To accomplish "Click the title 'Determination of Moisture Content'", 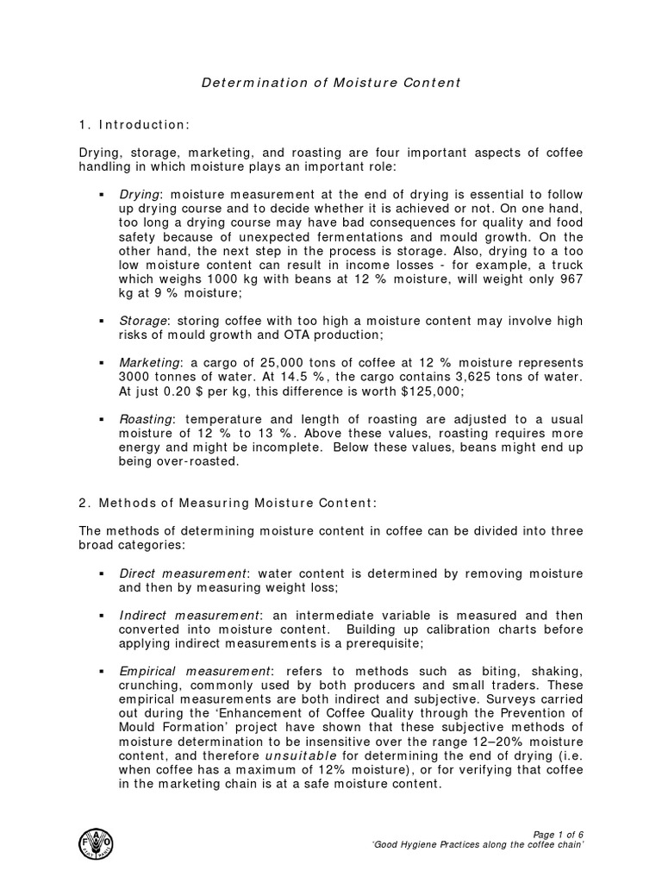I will click(x=331, y=83).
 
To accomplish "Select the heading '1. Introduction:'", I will click(x=133, y=125).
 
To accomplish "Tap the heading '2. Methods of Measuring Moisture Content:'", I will click(x=227, y=503).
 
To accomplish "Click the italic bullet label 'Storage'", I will click(x=142, y=321).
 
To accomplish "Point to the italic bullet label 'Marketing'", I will click(x=148, y=362).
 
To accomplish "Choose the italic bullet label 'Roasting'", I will click(x=146, y=418).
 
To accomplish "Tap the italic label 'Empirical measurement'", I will click(x=195, y=671).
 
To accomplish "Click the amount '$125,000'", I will click(x=433, y=391).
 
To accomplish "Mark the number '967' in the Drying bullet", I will click(x=571, y=279).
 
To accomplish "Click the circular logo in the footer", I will click(x=95, y=842).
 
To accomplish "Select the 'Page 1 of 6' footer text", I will click(x=559, y=834).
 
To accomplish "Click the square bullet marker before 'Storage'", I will click(x=103, y=322).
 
